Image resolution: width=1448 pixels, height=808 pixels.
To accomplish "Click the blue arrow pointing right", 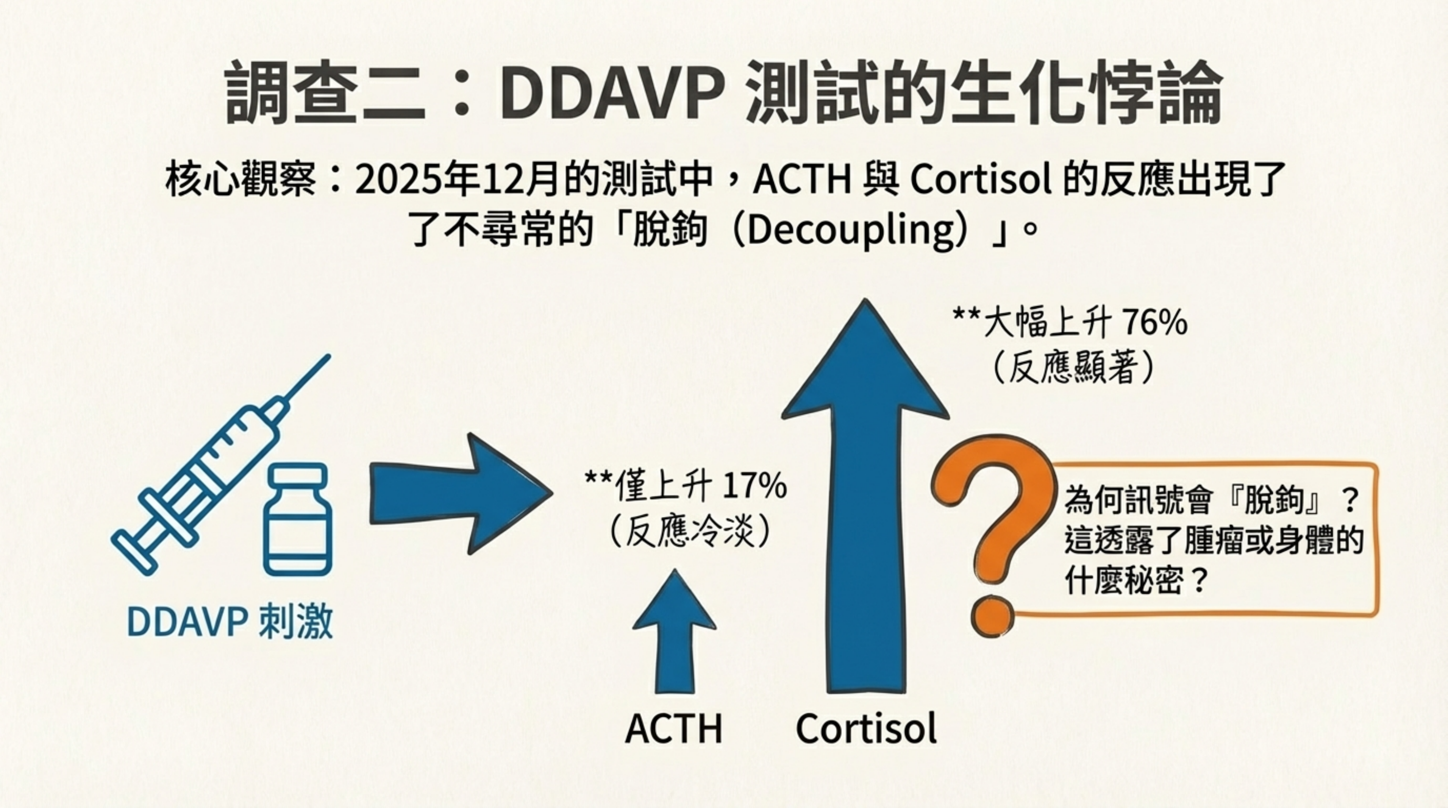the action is (461, 494).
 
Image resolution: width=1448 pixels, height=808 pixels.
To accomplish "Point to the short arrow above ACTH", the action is (675, 632).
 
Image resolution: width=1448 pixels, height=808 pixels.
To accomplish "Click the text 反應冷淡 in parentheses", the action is (688, 531).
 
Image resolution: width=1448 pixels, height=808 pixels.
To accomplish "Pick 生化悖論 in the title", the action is (1087, 93).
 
